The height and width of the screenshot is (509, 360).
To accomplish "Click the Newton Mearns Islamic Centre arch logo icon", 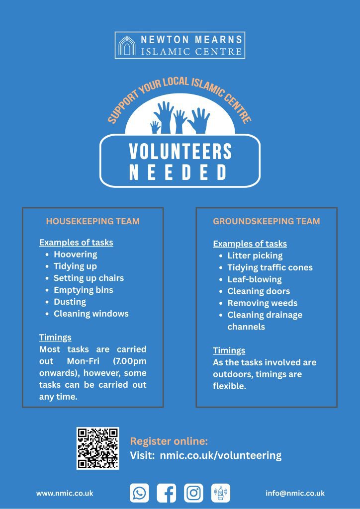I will coord(127,45).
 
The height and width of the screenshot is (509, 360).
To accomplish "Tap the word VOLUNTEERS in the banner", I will coord(180,152).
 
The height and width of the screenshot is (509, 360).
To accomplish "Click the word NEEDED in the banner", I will coord(178,172).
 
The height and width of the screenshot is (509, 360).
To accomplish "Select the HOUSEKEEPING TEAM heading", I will coord(92,221).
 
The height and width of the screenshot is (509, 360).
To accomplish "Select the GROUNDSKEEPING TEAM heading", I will coord(266,221).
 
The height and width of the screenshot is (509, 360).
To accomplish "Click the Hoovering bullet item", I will coord(75,254).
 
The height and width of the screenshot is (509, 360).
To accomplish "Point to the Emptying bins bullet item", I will coord(83,290).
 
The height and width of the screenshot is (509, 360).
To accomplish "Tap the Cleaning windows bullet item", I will coord(91,314).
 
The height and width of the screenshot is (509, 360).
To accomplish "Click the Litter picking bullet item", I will coord(255,255).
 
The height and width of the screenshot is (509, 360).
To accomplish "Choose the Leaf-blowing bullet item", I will coord(254,279).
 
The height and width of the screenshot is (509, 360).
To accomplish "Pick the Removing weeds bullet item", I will coord(262,303).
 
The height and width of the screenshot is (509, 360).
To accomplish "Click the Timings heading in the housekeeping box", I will coord(55,338).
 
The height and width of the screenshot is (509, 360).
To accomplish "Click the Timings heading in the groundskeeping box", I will coord(229,350).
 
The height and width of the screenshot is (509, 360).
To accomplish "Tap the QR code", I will coord(97,448).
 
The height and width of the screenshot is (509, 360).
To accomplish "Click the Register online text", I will coord(169,441).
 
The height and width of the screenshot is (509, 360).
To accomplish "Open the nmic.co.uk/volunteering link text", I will coord(220,455).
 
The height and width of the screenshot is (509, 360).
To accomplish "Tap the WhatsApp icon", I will coord(139,493).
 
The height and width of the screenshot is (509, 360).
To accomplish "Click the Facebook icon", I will coord(166,493).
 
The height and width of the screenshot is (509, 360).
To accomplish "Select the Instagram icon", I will coord(193,493).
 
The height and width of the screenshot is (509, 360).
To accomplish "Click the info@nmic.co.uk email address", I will coord(295,494).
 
